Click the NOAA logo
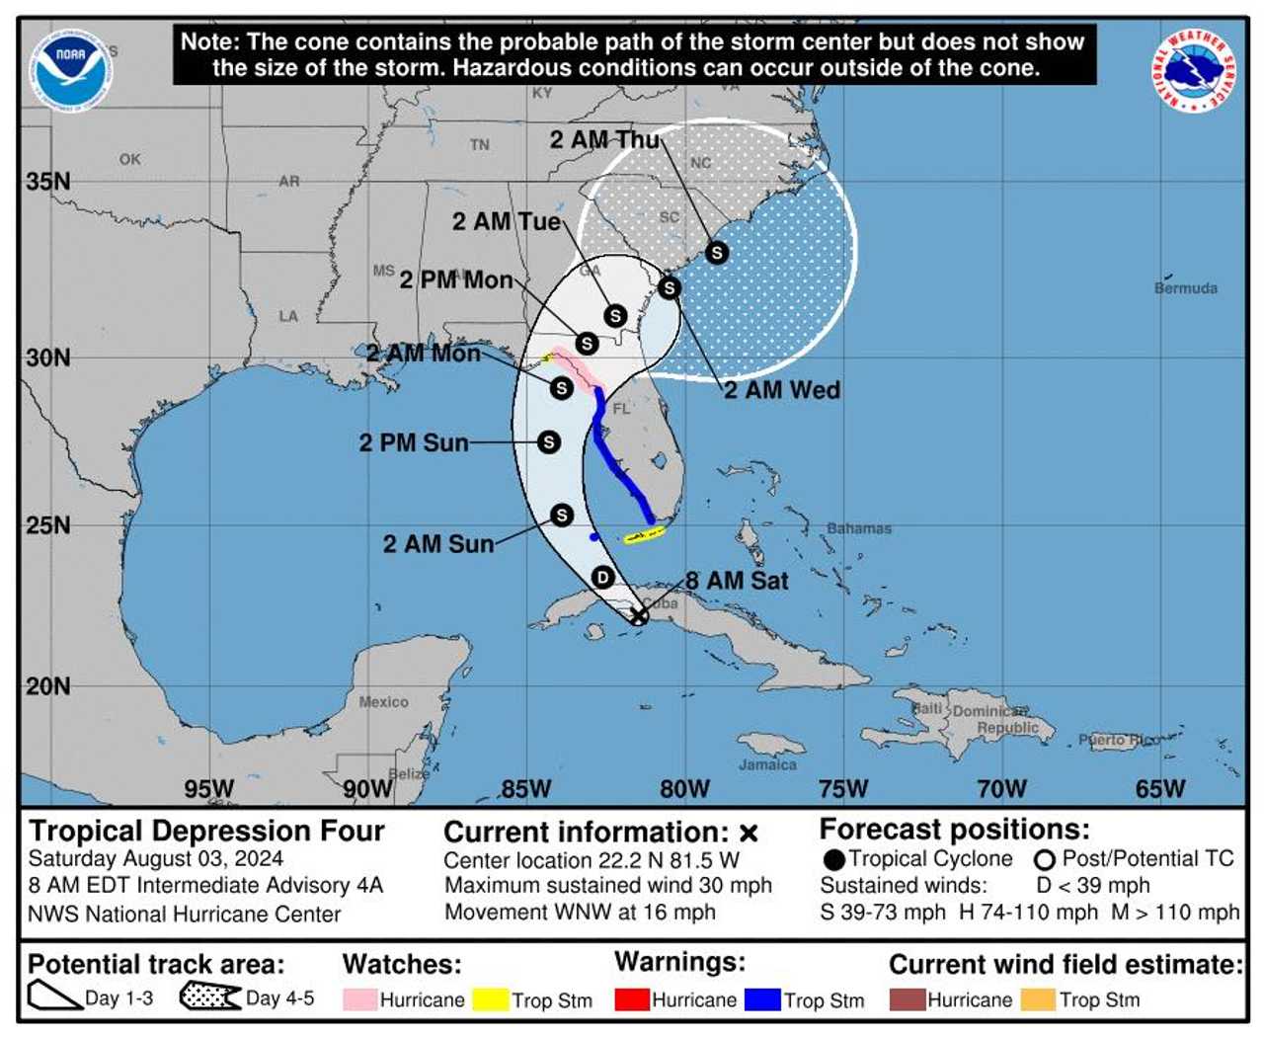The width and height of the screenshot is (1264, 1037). pyautogui.click(x=70, y=68)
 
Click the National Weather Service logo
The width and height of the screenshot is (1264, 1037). pyautogui.click(x=1194, y=70)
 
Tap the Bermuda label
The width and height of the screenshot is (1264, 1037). pyautogui.click(x=1185, y=288)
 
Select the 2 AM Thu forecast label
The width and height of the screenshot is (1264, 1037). pyautogui.click(x=604, y=140)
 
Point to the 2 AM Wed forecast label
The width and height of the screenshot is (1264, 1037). pyautogui.click(x=782, y=390)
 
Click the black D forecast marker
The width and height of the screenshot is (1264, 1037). pyautogui.click(x=602, y=577)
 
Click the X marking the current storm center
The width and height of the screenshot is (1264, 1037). pyautogui.click(x=639, y=616)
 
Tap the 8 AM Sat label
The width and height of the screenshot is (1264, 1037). pyautogui.click(x=737, y=581)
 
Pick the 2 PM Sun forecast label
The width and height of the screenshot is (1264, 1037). pyautogui.click(x=414, y=442)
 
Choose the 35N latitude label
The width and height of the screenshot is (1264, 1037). pyautogui.click(x=48, y=182)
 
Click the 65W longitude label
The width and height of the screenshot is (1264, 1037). pyautogui.click(x=1159, y=789)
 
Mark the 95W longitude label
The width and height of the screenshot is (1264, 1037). pyautogui.click(x=209, y=789)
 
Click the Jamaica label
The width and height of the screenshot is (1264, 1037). pyautogui.click(x=767, y=764)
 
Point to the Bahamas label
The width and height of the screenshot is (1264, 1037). pyautogui.click(x=859, y=528)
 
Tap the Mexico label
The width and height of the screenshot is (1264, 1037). pyautogui.click(x=383, y=702)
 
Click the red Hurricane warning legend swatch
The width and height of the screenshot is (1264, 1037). pyautogui.click(x=632, y=999)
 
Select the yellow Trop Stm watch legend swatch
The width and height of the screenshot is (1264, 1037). pyautogui.click(x=490, y=999)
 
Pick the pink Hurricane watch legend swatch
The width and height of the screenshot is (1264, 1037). pyautogui.click(x=359, y=999)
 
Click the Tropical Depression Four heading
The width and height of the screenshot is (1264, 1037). pyautogui.click(x=206, y=831)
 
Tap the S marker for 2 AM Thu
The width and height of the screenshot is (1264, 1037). pyautogui.click(x=717, y=253)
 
